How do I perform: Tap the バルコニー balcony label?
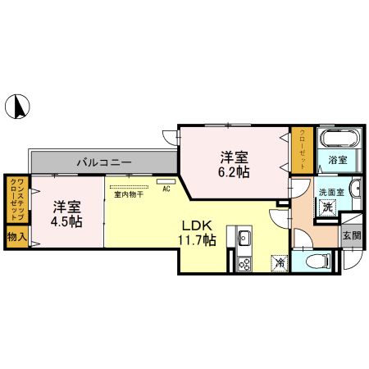tap(104, 162)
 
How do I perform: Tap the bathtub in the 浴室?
tap(337, 139)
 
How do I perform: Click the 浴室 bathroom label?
tap(338, 160)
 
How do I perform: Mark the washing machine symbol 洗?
tap(326, 208)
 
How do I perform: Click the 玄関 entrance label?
tap(351, 235)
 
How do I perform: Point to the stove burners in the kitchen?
tap(244, 263)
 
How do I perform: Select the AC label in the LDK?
tap(166, 189)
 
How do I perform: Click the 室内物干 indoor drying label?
tap(129, 194)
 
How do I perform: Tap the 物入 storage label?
tap(16, 237)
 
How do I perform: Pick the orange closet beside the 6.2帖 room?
tap(302, 148)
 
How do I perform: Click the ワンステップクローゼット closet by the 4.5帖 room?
tap(16, 199)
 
